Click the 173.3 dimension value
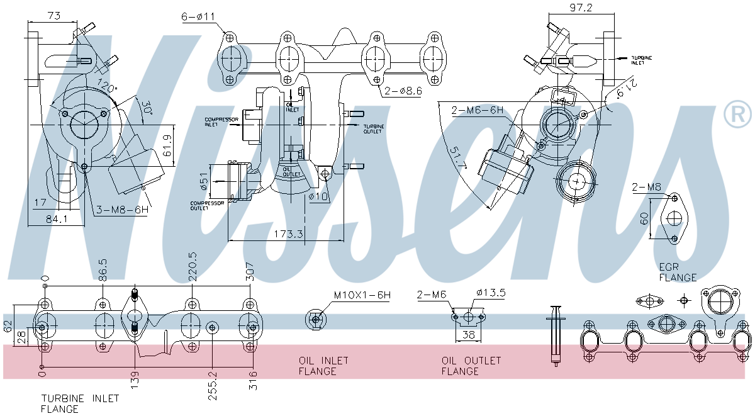click(x=289, y=234)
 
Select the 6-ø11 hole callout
click(x=199, y=18)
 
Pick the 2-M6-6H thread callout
click(x=478, y=111)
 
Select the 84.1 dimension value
click(x=57, y=218)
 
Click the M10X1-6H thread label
click(x=362, y=295)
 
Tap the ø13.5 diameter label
click(x=491, y=293)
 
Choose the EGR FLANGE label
click(x=678, y=272)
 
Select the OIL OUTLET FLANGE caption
click(x=471, y=366)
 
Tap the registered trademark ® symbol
click(x=737, y=114)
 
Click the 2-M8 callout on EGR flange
click(x=646, y=186)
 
